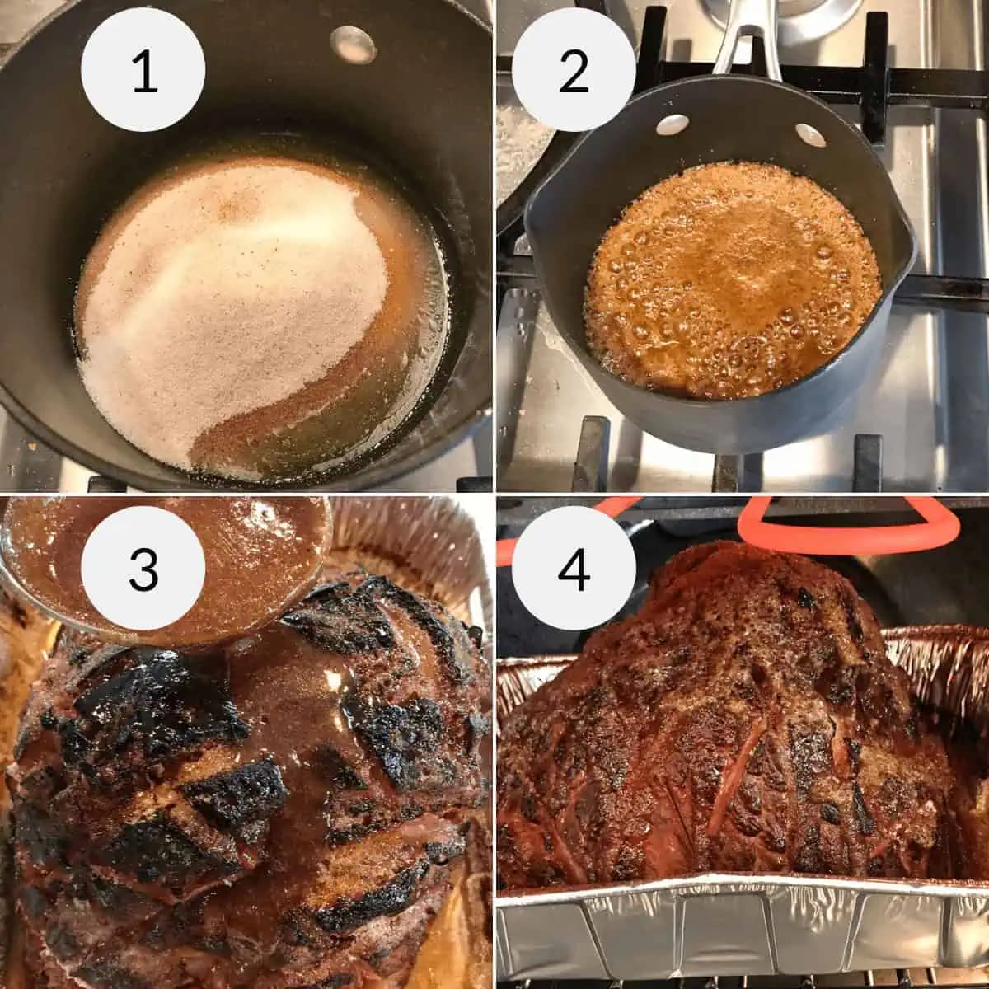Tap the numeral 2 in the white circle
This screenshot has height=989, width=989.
(574, 73)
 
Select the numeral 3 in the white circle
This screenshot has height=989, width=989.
(144, 569)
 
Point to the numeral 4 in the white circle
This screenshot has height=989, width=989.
(574, 569)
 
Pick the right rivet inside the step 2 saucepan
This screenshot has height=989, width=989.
(806, 133)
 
